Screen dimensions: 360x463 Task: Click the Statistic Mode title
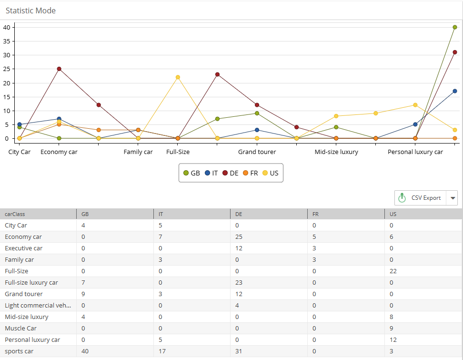point(30,10)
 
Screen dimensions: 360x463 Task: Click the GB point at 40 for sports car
point(454,27)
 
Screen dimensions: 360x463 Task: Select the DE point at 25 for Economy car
point(59,69)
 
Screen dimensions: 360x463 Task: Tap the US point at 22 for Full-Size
point(178,77)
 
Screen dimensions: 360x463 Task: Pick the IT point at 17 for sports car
point(454,91)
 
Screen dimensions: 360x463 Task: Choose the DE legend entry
point(230,173)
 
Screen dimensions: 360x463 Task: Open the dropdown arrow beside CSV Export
point(453,198)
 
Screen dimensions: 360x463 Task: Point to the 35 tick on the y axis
point(6,41)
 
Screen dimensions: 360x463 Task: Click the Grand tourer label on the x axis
point(257,152)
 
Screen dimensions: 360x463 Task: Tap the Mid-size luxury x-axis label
point(336,152)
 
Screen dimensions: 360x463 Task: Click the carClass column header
point(15,214)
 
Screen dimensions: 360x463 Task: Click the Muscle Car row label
point(20,328)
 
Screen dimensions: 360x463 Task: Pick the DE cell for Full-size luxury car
point(239,282)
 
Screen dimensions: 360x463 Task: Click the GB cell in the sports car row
point(85,351)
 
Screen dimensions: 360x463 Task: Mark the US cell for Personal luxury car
point(393,340)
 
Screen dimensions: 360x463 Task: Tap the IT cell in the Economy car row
point(161,237)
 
